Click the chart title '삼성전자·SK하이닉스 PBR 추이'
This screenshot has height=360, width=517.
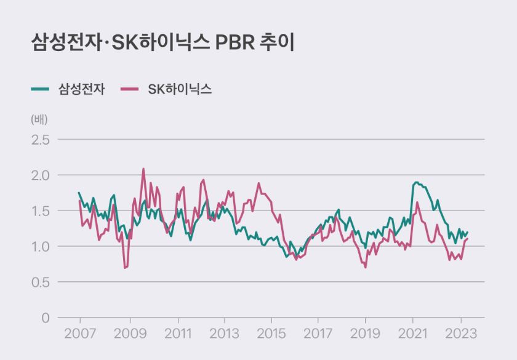[x=163, y=42]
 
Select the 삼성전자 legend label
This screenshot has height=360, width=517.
[x=82, y=89]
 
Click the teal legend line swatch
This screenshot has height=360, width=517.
[x=40, y=89]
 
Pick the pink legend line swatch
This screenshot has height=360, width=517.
[x=130, y=89]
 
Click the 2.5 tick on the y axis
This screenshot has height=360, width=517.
[x=40, y=140]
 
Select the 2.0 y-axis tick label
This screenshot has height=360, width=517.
[x=40, y=175]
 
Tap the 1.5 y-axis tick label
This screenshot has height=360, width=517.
[x=40, y=211]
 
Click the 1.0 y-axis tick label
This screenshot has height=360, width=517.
[x=40, y=247]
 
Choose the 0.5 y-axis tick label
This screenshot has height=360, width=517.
[x=40, y=282]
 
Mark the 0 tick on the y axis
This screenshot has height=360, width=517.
[x=46, y=318]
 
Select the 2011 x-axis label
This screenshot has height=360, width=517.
[x=177, y=336]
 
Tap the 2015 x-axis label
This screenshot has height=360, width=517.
[x=270, y=336]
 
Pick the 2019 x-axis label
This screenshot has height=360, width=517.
[x=366, y=336]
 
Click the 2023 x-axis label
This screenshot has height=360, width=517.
[x=462, y=336]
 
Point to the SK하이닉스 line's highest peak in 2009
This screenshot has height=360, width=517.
[x=143, y=169]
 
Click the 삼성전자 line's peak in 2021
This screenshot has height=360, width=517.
[x=417, y=182]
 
